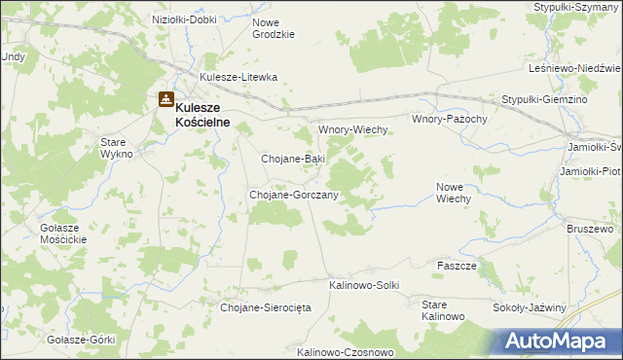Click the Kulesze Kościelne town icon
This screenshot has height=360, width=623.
166,99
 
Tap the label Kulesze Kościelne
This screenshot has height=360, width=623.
211,115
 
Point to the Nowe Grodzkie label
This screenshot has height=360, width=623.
273,28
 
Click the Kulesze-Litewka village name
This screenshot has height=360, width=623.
238,77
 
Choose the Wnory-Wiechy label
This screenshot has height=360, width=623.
353,129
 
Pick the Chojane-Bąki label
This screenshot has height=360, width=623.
293,158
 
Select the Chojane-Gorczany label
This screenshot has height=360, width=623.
293,195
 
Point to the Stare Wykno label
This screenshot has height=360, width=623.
123,148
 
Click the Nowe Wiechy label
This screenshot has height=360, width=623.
454,192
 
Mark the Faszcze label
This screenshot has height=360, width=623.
457,266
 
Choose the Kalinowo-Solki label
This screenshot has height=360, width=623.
365,285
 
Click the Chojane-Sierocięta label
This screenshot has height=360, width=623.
265,307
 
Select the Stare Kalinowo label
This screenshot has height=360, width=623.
442,311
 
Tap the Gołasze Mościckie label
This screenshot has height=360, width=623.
64,234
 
